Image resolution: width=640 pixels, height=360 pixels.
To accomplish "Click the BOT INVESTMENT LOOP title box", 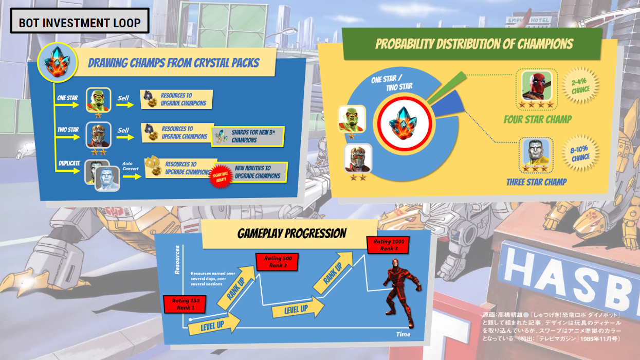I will coord(80,23).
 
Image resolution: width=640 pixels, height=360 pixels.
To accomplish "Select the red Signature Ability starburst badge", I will coord(218,178).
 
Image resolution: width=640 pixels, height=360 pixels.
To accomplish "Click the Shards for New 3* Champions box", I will coord(248,136).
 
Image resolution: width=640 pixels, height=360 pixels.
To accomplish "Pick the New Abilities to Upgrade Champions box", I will coord(257,172).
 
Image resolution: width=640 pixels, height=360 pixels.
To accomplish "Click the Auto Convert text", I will coord(131,166).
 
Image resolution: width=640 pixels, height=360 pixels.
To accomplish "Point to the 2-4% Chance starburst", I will coord(580,86).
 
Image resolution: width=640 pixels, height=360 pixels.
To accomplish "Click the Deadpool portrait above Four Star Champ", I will coord(537,85).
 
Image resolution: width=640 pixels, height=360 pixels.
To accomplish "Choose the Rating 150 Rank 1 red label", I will coord(185,304).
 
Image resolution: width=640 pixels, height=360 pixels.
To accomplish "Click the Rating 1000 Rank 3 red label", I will coord(389,245).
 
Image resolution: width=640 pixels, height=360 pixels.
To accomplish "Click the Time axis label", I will coord(403,334).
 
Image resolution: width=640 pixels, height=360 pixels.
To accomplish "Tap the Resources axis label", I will coord(177,260).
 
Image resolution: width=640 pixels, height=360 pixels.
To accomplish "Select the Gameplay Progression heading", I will coord(292,233).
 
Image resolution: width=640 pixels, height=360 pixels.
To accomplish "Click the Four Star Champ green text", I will coord(537,119).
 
